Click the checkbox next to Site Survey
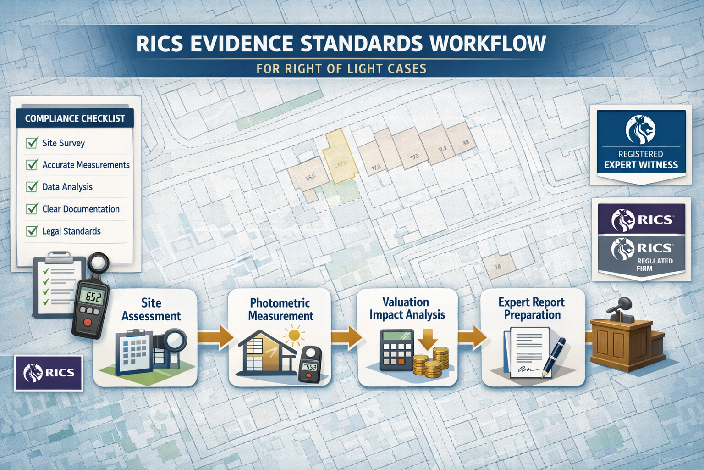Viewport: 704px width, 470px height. [x=32, y=143]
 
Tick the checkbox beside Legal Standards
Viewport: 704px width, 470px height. [x=32, y=231]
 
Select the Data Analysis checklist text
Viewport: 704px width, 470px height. [x=67, y=187]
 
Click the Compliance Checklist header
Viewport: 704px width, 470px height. [x=75, y=118]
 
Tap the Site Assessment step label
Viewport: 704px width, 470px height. [x=151, y=309]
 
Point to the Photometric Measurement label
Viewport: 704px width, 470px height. [x=280, y=309]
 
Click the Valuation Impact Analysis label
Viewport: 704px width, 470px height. [x=407, y=308]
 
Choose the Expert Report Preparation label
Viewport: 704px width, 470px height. [x=532, y=308]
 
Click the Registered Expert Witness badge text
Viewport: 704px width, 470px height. [x=640, y=160]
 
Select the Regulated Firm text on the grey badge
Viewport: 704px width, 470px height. [x=654, y=264]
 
